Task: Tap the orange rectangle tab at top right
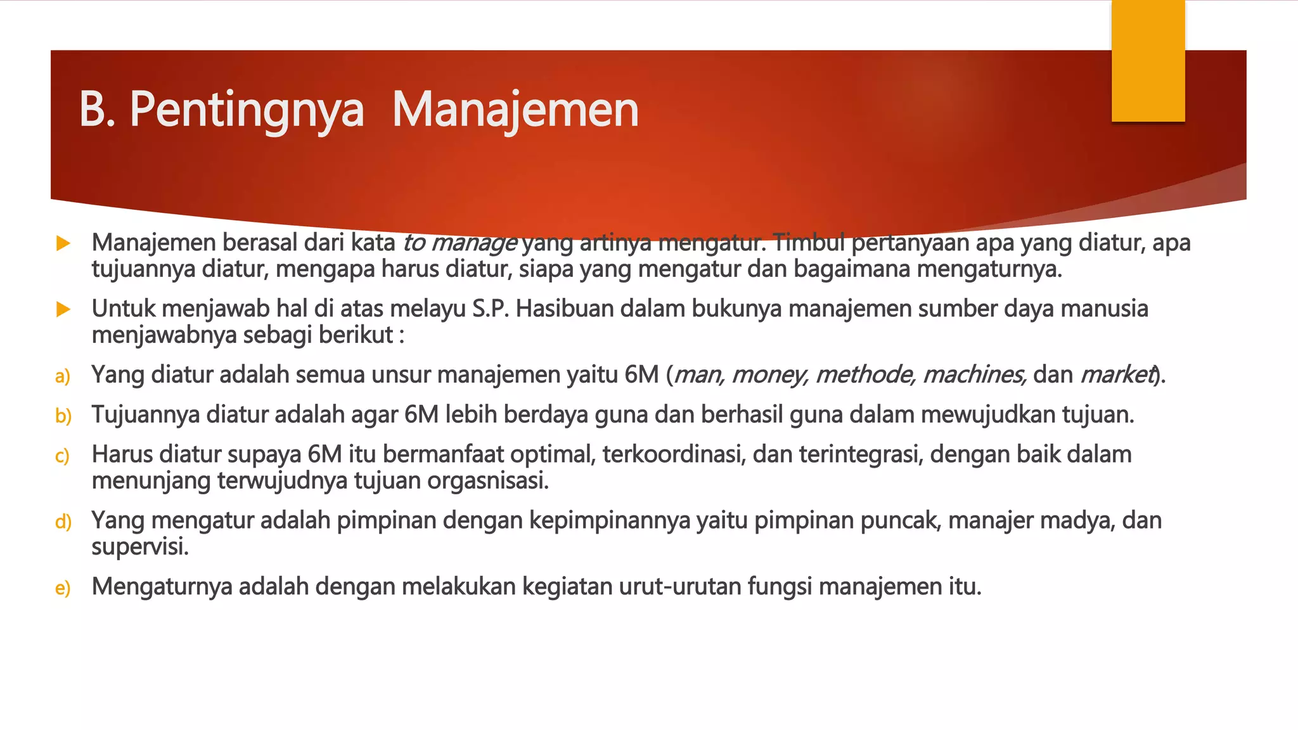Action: click(1148, 61)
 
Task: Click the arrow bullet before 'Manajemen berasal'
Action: click(63, 243)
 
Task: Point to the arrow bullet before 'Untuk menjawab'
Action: click(63, 309)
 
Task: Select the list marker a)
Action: click(62, 376)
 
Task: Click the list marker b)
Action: click(63, 416)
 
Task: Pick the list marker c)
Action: click(62, 456)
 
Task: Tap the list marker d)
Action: click(63, 522)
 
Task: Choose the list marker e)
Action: click(62, 588)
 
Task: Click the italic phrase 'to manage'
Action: click(460, 243)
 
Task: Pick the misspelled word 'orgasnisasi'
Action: click(487, 481)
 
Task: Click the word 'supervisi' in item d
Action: click(140, 547)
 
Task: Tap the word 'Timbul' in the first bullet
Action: click(808, 243)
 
